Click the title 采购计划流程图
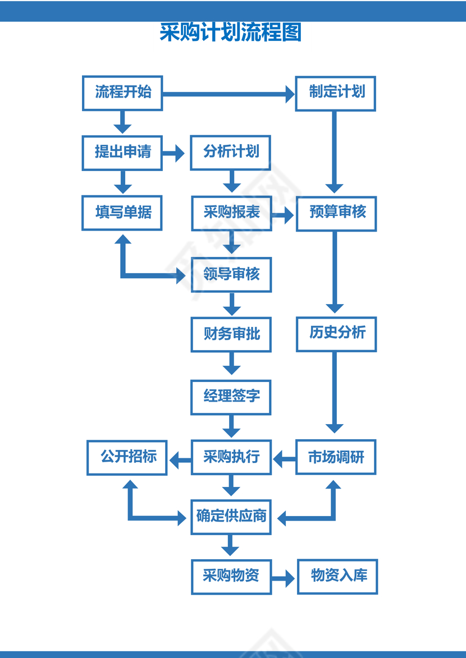pos(231,33)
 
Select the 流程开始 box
pos(122,93)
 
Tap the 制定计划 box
pos(336,93)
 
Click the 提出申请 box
pos(122,153)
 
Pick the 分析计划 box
pos(231,153)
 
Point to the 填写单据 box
pos(122,213)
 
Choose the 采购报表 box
pos(231,213)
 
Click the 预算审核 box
pos(336,213)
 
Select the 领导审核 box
pos(231,275)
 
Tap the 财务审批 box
pos(231,335)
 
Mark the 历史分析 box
pos(336,334)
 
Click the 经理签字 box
pos(231,397)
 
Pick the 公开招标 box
pos(127,457)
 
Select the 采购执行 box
pos(231,457)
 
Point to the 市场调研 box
pos(336,457)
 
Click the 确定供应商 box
pos(231,517)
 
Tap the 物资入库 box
pos(337,576)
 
